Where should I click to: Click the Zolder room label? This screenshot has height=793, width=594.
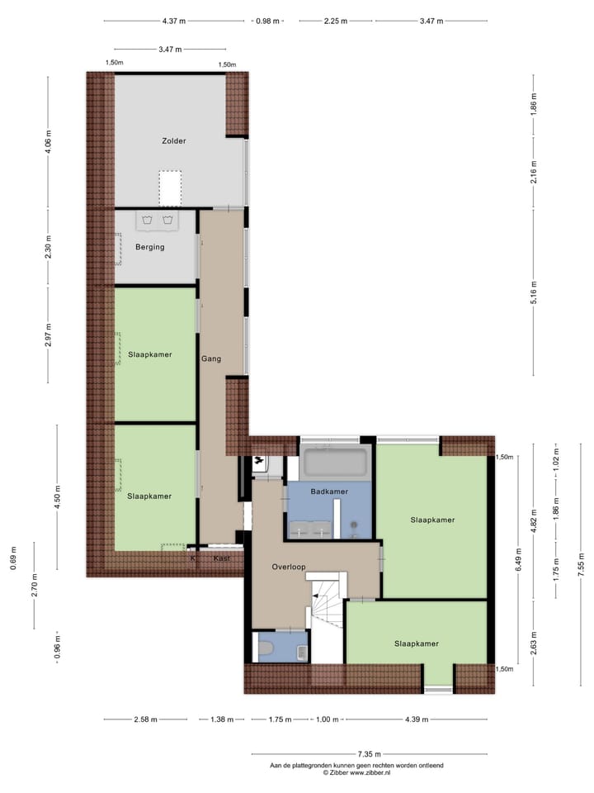click(x=173, y=141)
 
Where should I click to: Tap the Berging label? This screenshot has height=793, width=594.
click(x=150, y=247)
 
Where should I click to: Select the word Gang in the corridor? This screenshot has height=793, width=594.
click(x=210, y=359)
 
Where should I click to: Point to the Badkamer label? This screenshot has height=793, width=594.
click(x=328, y=491)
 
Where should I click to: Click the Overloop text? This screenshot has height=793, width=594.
click(x=289, y=567)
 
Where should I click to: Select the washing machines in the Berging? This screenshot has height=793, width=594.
click(x=157, y=221)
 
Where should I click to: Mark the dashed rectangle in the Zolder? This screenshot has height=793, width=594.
click(x=170, y=188)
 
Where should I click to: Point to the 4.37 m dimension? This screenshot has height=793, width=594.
click(x=174, y=21)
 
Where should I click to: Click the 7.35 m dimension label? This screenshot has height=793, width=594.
click(x=369, y=754)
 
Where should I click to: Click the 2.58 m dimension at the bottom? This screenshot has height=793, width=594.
click(x=146, y=719)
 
